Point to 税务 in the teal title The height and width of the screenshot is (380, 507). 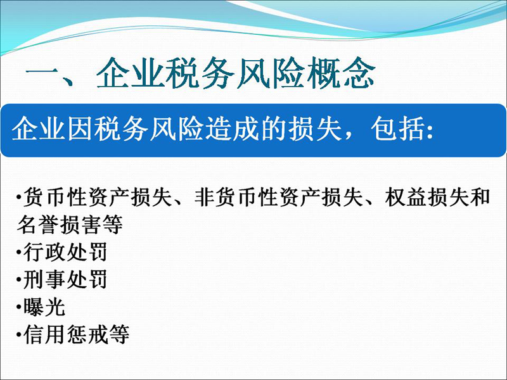pyautogui.click(x=202, y=73)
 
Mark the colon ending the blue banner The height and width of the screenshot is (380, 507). pyautogui.click(x=430, y=132)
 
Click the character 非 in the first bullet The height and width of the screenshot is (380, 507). pyautogui.click(x=203, y=197)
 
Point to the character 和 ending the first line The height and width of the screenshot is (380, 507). pyautogui.click(x=480, y=197)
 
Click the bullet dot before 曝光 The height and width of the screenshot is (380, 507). pyautogui.click(x=19, y=307)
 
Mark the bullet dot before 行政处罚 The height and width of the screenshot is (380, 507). pyautogui.click(x=19, y=252)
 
